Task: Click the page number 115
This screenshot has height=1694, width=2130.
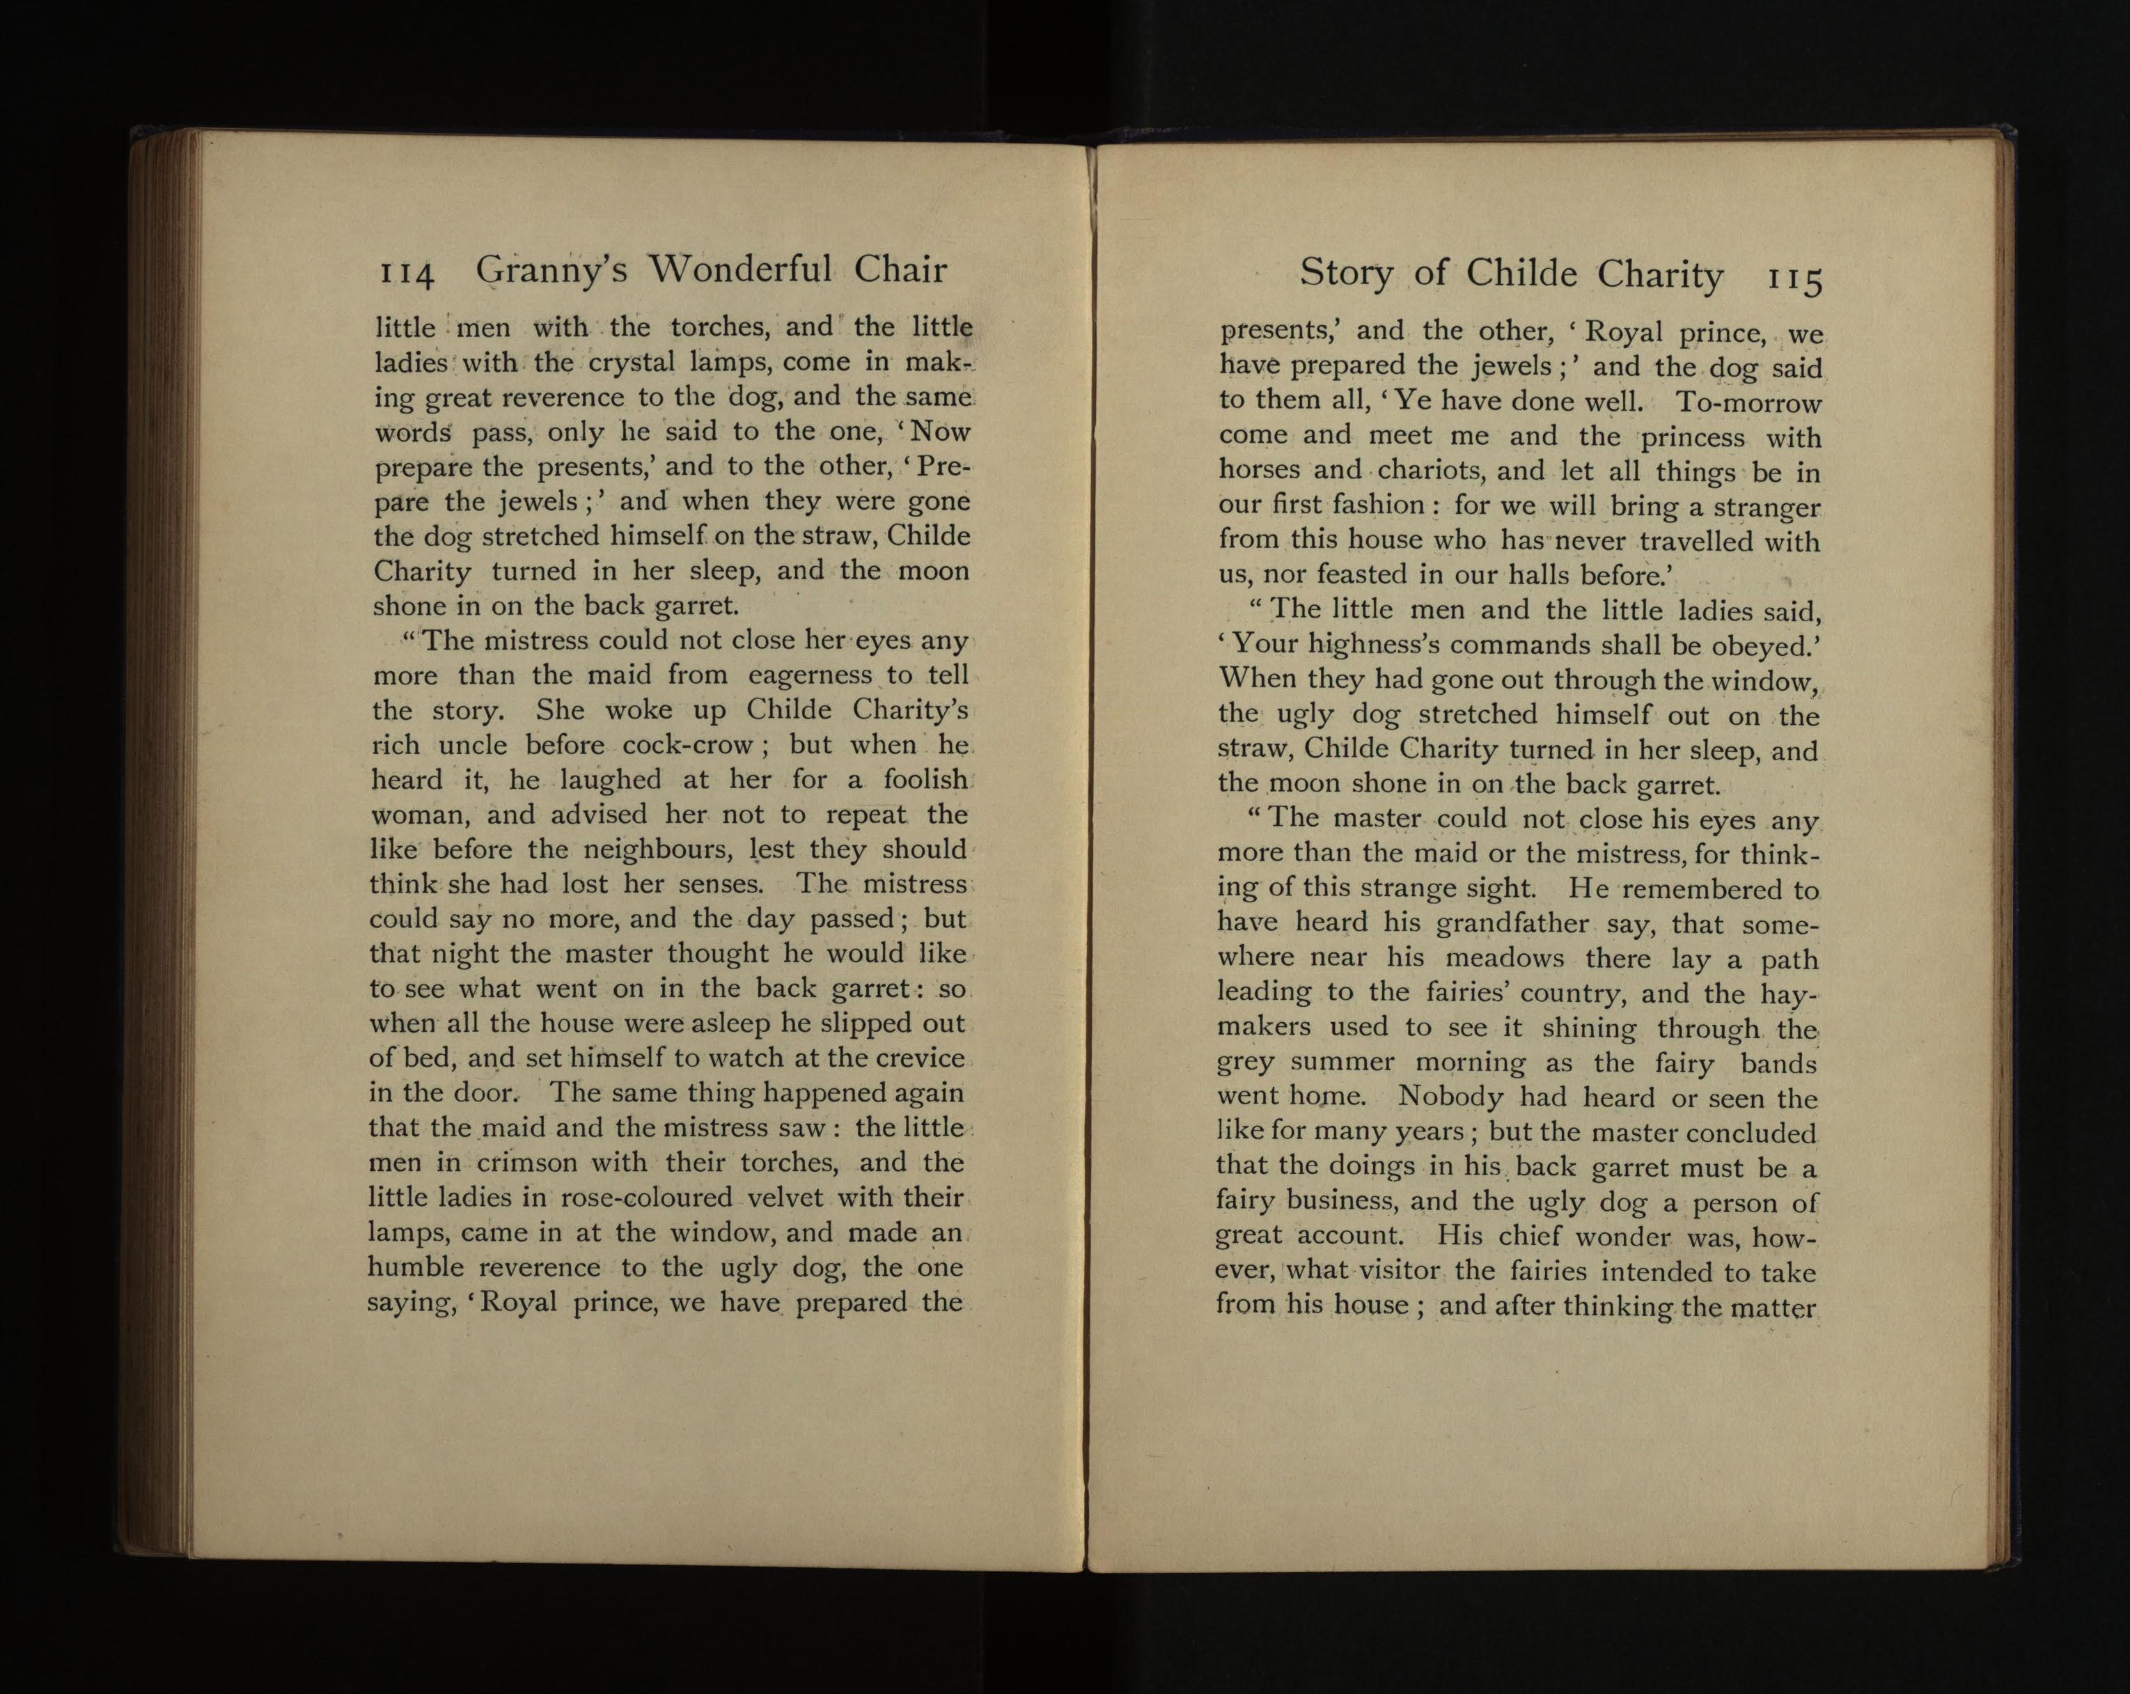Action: pyautogui.click(x=1794, y=279)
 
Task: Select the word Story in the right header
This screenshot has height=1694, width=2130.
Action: pyautogui.click(x=1345, y=273)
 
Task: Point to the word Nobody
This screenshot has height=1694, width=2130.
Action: pyautogui.click(x=1451, y=1097)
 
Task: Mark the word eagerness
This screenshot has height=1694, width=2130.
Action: pyautogui.click(x=810, y=675)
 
